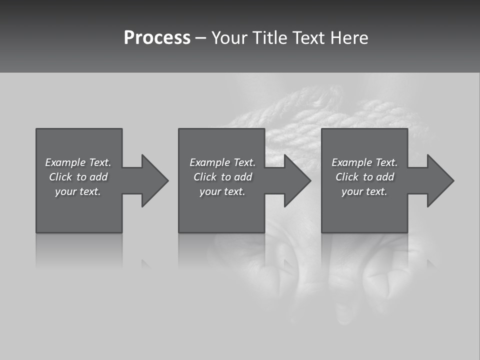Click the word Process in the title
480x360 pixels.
coord(157,38)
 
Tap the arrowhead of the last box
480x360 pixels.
coord(440,180)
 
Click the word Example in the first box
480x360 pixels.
coord(65,162)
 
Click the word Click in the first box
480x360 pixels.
coord(60,177)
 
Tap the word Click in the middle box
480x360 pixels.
coord(204,177)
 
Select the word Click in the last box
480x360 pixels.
coord(346,177)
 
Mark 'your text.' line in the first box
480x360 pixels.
coord(78,191)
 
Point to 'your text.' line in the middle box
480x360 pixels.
coord(222,191)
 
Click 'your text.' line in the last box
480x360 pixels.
coord(364,191)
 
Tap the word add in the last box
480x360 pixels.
coord(385,177)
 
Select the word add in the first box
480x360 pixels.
coord(98,177)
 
